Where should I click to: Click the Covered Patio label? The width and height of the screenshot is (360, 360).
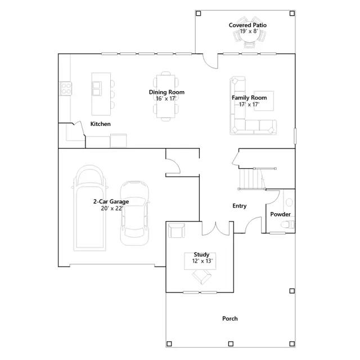click(247, 25)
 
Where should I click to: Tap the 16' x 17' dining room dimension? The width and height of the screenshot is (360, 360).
click(166, 98)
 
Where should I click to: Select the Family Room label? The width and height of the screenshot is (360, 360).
click(249, 98)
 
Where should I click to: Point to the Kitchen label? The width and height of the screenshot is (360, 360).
click(100, 124)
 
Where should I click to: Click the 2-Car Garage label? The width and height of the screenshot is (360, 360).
click(111, 201)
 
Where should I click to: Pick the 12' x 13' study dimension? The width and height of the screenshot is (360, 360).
click(202, 261)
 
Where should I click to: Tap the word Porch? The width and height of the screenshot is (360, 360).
click(230, 319)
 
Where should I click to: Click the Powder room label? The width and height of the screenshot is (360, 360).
click(280, 214)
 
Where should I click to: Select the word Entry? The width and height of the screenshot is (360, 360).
click(240, 206)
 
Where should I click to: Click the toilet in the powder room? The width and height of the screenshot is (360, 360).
click(287, 224)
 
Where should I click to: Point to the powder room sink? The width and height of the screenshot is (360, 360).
click(289, 202)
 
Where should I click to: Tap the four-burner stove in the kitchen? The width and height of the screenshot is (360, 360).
click(66, 89)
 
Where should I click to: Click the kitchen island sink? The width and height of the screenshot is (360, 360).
click(97, 89)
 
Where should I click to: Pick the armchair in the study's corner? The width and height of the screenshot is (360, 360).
click(176, 230)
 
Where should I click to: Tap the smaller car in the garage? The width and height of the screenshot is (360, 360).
click(134, 213)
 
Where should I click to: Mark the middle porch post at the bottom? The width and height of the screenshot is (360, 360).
click(231, 344)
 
